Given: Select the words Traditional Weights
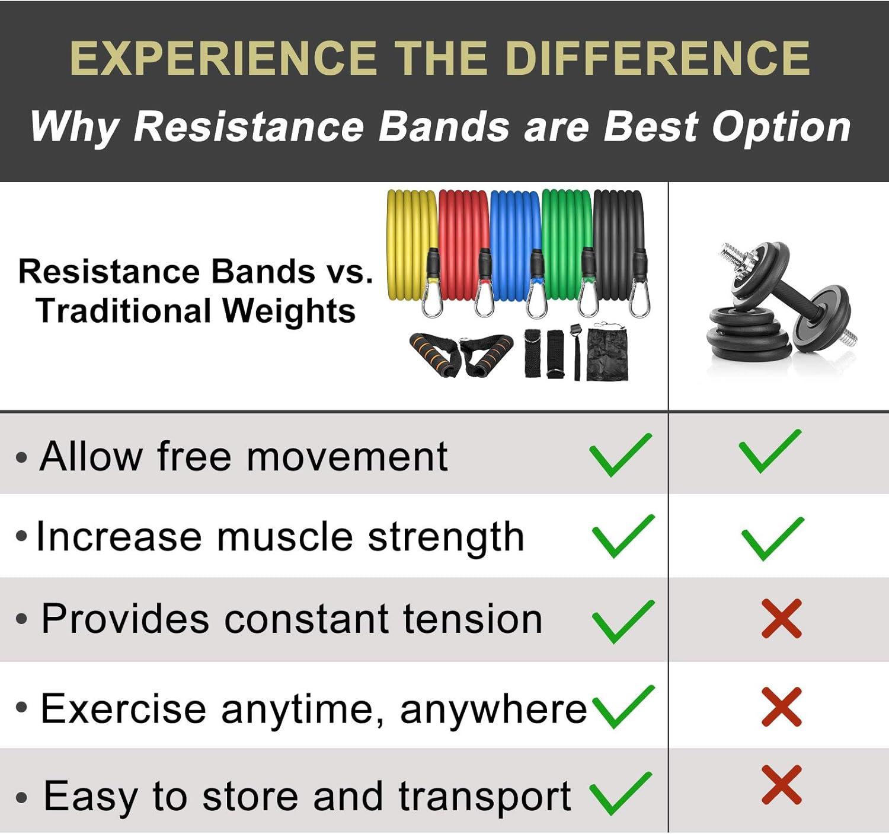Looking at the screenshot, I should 196,311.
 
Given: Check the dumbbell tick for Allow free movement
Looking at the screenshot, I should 770,452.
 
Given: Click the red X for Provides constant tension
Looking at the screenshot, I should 781,619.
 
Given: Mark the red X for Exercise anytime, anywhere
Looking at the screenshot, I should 781,706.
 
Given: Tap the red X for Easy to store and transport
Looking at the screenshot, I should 781,785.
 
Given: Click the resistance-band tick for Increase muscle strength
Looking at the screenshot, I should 623,536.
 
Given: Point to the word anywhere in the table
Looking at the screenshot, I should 493,709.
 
